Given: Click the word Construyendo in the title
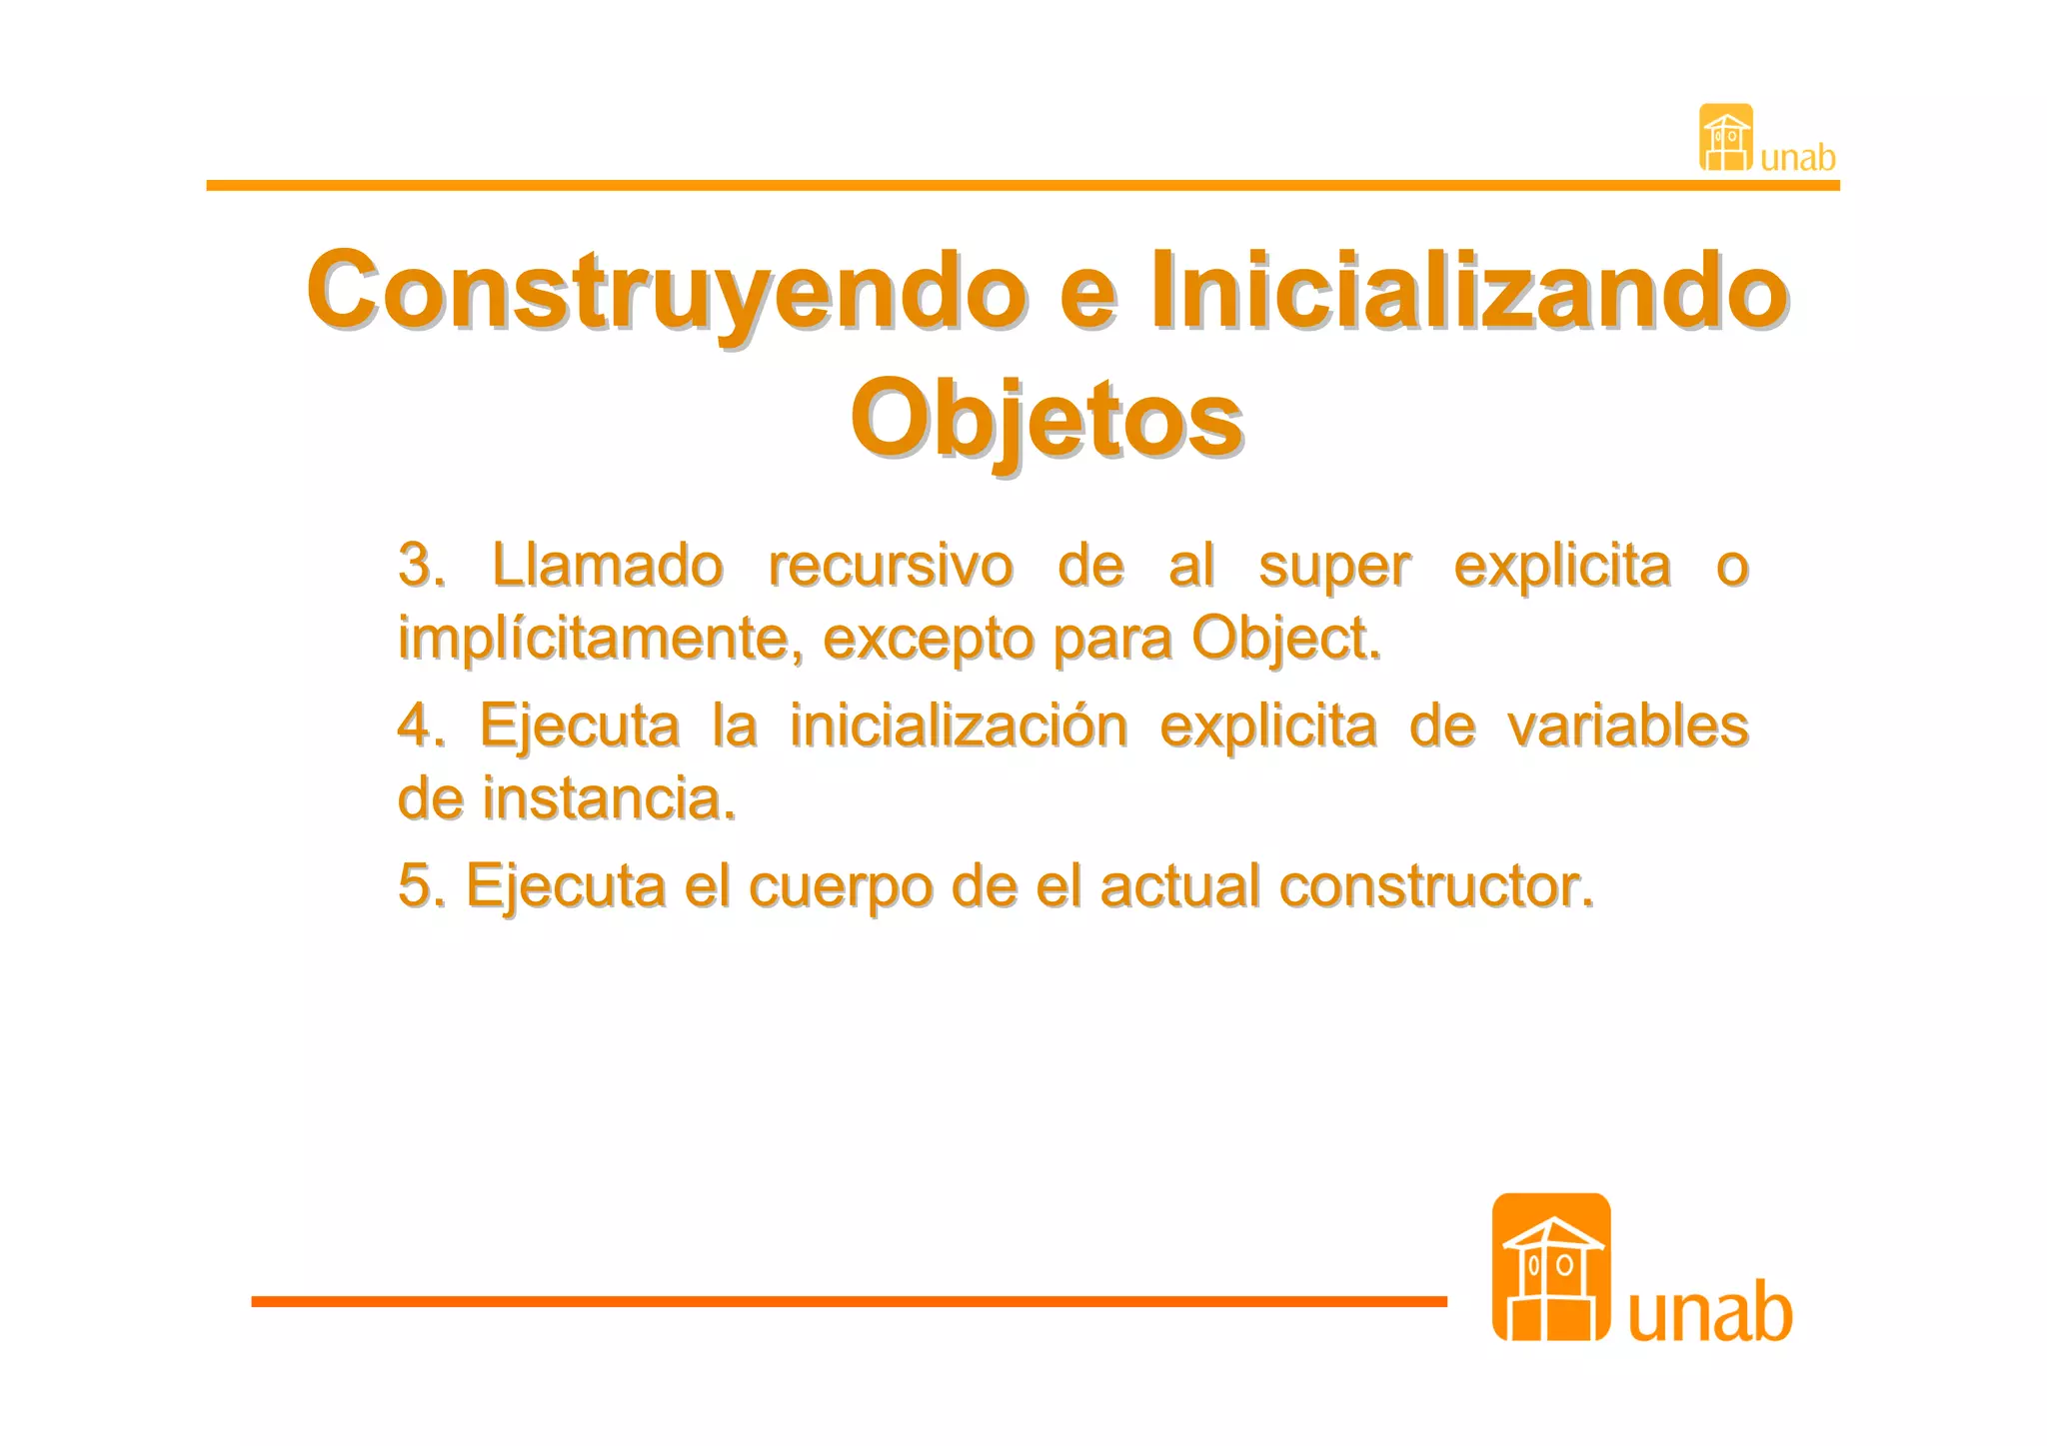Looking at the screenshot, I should (x=666, y=292).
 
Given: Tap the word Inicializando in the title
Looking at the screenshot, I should (x=1469, y=290).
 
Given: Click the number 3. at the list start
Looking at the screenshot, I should (x=421, y=566).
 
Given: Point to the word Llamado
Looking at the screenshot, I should (x=607, y=566).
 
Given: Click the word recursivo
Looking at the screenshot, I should (x=891, y=566).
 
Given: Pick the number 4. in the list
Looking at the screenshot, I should (x=421, y=724).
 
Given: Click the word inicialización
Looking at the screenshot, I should (x=959, y=724).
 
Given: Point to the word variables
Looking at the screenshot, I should (x=1628, y=724).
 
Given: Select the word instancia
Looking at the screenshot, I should (x=608, y=798).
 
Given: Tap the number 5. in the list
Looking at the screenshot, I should (x=421, y=885).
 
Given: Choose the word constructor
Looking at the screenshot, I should (x=1436, y=885).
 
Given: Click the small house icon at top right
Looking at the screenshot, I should (x=1725, y=137).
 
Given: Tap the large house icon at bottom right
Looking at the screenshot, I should (x=1550, y=1267).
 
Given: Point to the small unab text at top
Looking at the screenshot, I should (x=1797, y=158).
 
